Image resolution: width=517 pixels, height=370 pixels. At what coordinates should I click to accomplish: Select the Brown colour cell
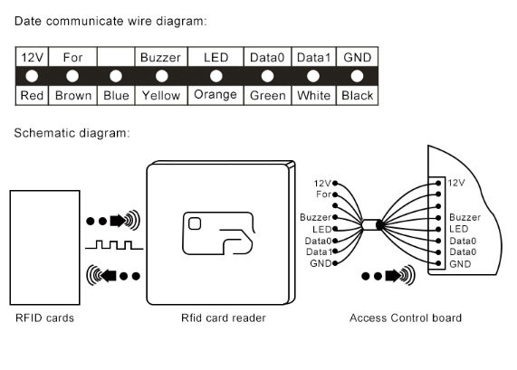click(72, 95)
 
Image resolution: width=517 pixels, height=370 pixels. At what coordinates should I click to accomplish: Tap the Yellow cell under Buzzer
click(161, 95)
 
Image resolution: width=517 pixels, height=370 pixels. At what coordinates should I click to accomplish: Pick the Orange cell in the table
click(215, 94)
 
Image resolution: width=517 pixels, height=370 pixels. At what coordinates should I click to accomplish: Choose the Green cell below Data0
click(267, 95)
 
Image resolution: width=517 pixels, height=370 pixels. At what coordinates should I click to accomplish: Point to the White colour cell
click(313, 95)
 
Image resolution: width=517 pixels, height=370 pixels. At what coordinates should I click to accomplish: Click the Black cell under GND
click(357, 95)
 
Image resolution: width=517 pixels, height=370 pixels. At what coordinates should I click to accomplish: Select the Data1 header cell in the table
click(313, 57)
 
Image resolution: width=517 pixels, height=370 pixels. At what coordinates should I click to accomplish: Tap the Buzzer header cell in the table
click(161, 57)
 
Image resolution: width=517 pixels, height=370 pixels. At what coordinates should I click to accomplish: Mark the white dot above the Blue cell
click(115, 76)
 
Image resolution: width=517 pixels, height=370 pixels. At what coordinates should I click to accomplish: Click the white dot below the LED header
click(215, 76)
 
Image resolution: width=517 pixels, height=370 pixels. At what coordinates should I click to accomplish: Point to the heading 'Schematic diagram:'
click(72, 134)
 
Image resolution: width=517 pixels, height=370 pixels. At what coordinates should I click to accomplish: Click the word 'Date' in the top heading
click(30, 17)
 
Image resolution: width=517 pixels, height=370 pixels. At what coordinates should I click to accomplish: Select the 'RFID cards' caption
click(44, 318)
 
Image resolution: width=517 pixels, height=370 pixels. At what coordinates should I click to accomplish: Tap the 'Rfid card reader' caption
click(224, 318)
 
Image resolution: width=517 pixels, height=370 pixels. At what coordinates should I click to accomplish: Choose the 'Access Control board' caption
click(406, 318)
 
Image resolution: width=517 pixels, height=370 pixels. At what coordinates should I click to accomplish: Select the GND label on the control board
click(460, 264)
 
